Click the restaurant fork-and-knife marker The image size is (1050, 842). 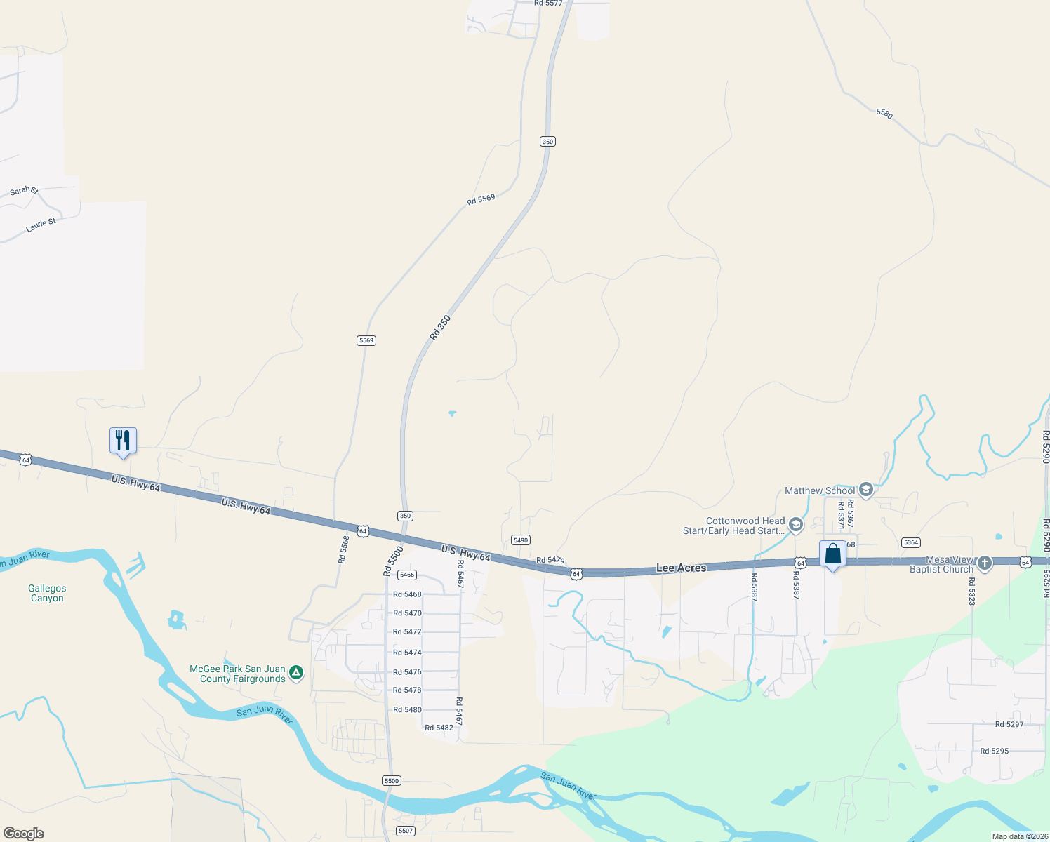pos(123,441)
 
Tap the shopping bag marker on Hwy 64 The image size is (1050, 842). pos(832,554)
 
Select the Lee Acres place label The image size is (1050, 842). pos(681,568)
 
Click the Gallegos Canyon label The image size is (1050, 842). pos(47,594)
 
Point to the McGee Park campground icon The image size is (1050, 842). pos(296,673)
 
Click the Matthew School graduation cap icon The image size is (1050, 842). pos(865,490)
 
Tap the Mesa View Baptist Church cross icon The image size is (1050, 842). pos(985,563)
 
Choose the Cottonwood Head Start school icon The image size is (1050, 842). pos(795,525)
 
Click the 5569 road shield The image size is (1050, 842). pos(366,340)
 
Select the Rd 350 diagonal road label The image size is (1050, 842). pos(440,328)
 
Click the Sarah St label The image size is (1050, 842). pos(24,191)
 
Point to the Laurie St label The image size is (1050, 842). pos(41,225)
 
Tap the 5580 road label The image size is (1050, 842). pos(884,113)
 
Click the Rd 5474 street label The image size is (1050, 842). pos(407,653)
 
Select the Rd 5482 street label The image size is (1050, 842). pos(439,728)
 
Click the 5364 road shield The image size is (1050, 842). pos(910,542)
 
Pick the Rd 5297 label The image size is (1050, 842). pos(1009,724)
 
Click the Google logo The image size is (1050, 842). pos(24,834)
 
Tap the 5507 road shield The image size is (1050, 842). pos(405,831)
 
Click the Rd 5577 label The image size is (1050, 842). pos(548,4)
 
